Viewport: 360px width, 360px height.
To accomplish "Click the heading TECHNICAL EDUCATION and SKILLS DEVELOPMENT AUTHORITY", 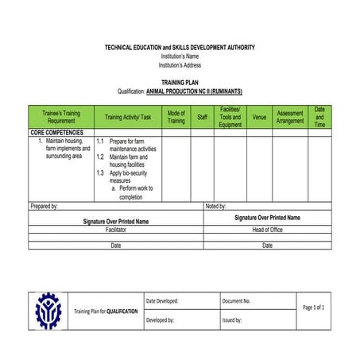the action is tap(180, 48).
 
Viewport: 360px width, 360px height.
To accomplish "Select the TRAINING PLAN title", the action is tap(180, 82).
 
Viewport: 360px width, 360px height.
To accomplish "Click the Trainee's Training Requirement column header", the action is tap(60, 117).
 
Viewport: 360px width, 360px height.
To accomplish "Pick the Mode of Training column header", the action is tap(176, 117).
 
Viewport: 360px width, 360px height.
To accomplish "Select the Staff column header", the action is tap(203, 117).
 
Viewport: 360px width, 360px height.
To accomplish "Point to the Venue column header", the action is tap(259, 117).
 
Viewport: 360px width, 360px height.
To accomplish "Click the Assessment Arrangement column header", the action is tap(290, 117).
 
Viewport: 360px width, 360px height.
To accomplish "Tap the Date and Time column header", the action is tap(319, 117).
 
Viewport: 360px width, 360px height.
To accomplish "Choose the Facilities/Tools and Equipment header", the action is tap(230, 117).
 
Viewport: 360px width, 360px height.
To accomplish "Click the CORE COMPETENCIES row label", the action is tap(56, 133).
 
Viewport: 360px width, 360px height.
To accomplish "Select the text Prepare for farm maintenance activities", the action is tap(132, 145).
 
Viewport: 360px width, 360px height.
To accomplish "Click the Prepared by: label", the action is tap(45, 206).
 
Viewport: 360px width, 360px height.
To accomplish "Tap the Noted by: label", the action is tap(216, 206).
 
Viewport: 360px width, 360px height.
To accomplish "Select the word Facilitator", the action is tap(116, 229).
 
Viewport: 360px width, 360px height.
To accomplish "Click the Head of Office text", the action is tap(267, 229).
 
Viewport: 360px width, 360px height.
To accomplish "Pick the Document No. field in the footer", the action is tap(237, 301).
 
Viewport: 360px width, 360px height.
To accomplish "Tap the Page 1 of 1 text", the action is tap(314, 308).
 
